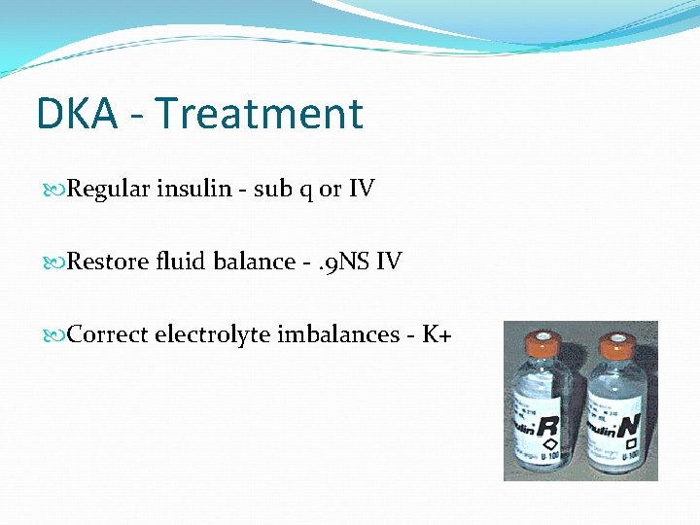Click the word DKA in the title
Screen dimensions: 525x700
pos(76,114)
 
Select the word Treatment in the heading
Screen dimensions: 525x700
pos(258,114)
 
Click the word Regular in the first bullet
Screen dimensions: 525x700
pos(109,189)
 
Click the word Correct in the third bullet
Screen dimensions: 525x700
pos(108,334)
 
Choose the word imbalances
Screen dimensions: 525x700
pos(339,334)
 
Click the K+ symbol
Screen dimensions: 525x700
pos(437,334)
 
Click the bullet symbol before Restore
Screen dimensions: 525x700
pos(57,262)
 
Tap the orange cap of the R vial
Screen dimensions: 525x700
pos(541,345)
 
